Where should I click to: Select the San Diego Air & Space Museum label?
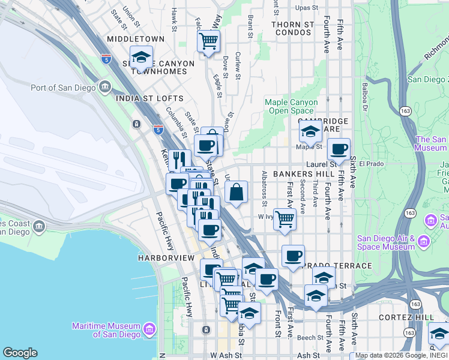(x=385, y=242)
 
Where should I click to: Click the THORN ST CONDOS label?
(x=293, y=25)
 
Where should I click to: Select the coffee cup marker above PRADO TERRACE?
(x=293, y=256)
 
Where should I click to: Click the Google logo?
(x=20, y=353)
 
